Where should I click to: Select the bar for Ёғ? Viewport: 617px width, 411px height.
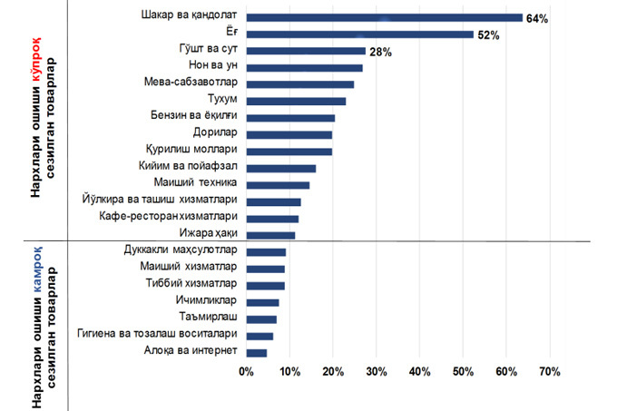pyautogui.click(x=359, y=34)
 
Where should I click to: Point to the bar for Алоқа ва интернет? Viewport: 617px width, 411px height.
pyautogui.click(x=257, y=352)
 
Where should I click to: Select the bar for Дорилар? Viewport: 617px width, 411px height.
pyautogui.click(x=289, y=134)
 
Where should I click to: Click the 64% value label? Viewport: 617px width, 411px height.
pyautogui.click(x=536, y=18)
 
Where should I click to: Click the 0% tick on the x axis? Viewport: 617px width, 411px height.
pyautogui.click(x=246, y=372)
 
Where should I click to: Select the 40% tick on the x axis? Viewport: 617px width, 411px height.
pyautogui.click(x=419, y=372)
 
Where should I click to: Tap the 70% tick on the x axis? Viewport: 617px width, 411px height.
pyautogui.click(x=550, y=372)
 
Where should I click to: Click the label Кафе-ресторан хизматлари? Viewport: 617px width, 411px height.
pyautogui.click(x=168, y=218)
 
